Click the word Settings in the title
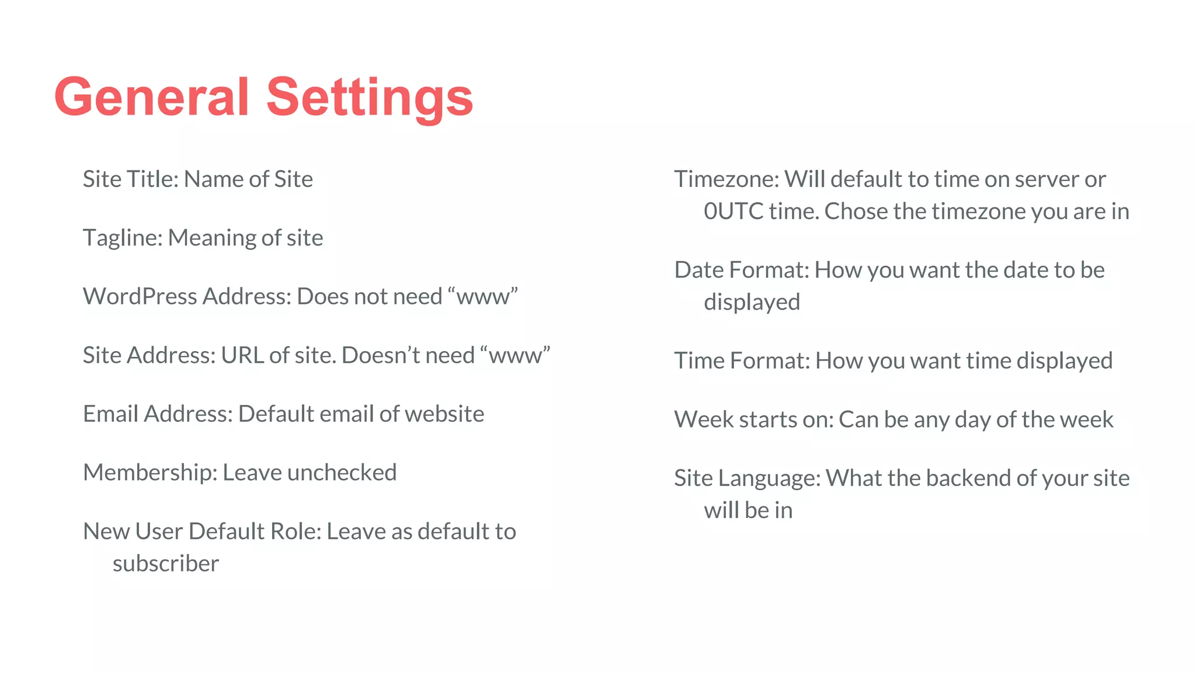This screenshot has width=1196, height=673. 369,97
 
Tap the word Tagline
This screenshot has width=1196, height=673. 121,238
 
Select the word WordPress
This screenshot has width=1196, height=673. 140,297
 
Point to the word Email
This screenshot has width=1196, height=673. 110,414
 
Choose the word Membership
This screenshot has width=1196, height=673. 149,473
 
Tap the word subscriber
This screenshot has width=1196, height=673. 166,564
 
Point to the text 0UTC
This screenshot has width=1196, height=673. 733,211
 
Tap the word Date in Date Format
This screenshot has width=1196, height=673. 698,270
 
